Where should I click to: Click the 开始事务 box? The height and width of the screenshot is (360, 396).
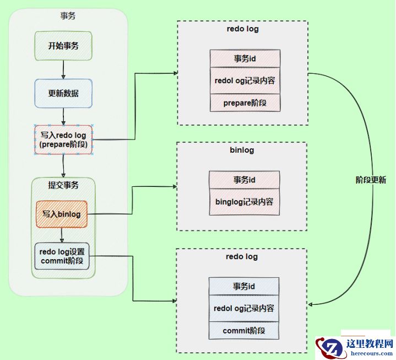coord(63,46)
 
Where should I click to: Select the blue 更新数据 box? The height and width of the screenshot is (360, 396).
coord(63,93)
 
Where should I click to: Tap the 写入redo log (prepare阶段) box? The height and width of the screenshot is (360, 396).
coord(63,140)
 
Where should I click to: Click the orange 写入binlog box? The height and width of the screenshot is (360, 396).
coord(62,214)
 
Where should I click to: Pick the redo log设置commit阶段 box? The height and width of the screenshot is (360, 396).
coord(62,256)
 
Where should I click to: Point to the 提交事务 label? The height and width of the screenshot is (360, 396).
coord(63,185)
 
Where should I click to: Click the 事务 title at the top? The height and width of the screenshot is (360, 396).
coord(68,15)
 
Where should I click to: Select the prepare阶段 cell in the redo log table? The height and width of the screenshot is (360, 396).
coord(245,103)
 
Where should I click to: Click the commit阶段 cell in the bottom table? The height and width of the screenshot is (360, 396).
coord(243,331)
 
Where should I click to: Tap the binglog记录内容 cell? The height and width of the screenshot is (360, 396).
coord(244,202)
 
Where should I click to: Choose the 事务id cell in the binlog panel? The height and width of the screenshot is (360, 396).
coord(244,180)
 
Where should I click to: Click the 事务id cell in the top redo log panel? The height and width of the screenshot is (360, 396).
coord(245,58)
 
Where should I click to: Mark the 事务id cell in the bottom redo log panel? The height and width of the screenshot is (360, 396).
coord(243,286)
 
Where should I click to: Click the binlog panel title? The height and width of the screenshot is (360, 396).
coord(241,150)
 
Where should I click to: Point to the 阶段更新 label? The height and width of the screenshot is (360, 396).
coord(371,180)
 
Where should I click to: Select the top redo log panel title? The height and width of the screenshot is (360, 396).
coord(242,29)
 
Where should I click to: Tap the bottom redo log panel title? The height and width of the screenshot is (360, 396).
coord(241,257)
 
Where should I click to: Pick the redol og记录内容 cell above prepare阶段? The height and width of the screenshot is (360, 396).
coord(245,80)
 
